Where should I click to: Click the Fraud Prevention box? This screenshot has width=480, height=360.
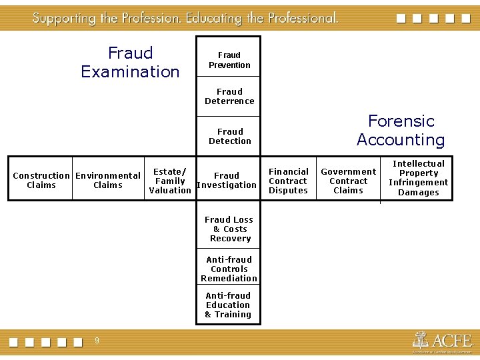pyautogui.click(x=229, y=60)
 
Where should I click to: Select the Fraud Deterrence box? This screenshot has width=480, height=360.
pyautogui.click(x=229, y=97)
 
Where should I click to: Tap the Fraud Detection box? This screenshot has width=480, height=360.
pyautogui.click(x=229, y=136)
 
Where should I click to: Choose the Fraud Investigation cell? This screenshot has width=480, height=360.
pyautogui.click(x=227, y=181)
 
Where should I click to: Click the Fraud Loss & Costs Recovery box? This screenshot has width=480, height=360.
pyautogui.click(x=229, y=229)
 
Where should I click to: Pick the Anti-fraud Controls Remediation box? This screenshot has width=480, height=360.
pyautogui.click(x=229, y=269)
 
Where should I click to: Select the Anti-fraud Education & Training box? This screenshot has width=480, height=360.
pyautogui.click(x=228, y=305)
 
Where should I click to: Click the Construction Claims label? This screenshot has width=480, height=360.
pyautogui.click(x=41, y=181)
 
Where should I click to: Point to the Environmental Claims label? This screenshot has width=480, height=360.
pyautogui.click(x=108, y=181)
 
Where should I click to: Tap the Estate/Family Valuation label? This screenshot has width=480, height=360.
pyautogui.click(x=170, y=181)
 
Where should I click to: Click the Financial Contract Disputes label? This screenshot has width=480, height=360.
pyautogui.click(x=288, y=181)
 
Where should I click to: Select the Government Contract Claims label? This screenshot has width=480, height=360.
pyautogui.click(x=348, y=181)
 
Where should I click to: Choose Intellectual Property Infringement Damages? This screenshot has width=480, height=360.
pyautogui.click(x=419, y=178)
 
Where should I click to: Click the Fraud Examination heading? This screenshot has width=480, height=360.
pyautogui.click(x=130, y=62)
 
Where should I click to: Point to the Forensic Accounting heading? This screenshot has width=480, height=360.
pyautogui.click(x=401, y=130)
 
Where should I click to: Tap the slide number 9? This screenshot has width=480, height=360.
pyautogui.click(x=97, y=341)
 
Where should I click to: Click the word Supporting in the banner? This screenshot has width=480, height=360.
pyautogui.click(x=64, y=18)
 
